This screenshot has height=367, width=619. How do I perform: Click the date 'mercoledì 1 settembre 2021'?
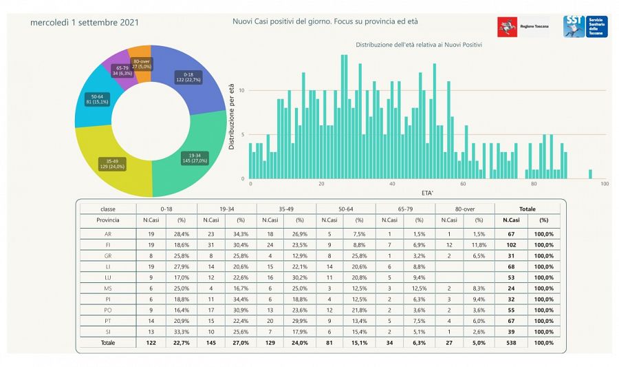coord(85,23)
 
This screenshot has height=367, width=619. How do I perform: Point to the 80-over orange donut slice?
coord(142,62)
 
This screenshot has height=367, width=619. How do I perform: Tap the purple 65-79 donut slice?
coord(120,69)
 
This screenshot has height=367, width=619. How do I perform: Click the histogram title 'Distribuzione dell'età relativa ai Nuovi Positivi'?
coord(418,45)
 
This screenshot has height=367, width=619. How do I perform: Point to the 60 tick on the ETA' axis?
coord(464,184)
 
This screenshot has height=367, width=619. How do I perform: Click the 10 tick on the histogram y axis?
coord(241,90)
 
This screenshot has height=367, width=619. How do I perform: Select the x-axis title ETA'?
coord(427,193)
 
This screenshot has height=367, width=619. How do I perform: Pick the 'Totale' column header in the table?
coord(527,209)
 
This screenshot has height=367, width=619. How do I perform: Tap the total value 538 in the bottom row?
coord(510,342)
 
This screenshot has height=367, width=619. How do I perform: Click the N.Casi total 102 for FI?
coord(510,244)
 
